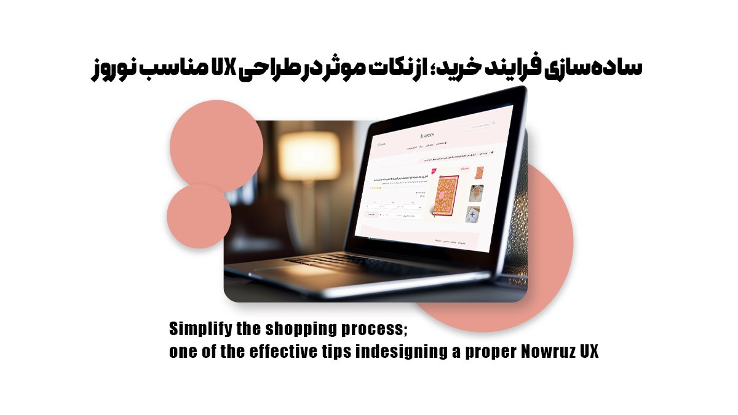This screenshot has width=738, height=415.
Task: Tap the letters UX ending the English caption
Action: tap(589, 353)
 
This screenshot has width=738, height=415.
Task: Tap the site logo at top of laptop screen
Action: tap(427, 135)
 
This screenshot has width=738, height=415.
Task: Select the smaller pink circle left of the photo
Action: tap(199, 216)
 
